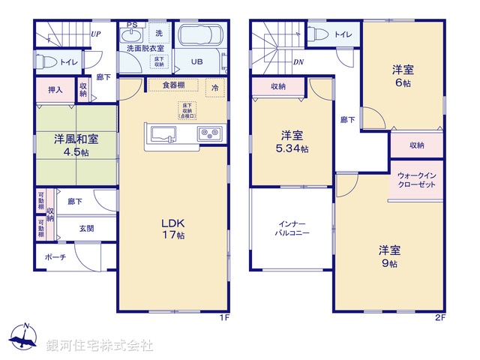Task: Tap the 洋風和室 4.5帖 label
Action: tap(75, 145)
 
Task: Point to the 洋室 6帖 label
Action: tap(403, 75)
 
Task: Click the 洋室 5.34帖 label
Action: tap(292, 141)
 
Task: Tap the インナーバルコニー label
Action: tap(291, 229)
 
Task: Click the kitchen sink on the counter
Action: tap(163, 134)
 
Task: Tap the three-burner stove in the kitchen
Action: tap(208, 134)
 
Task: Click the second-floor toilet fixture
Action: tap(316, 34)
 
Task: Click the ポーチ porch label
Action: tap(56, 257)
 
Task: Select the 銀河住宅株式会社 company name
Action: tap(100, 345)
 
